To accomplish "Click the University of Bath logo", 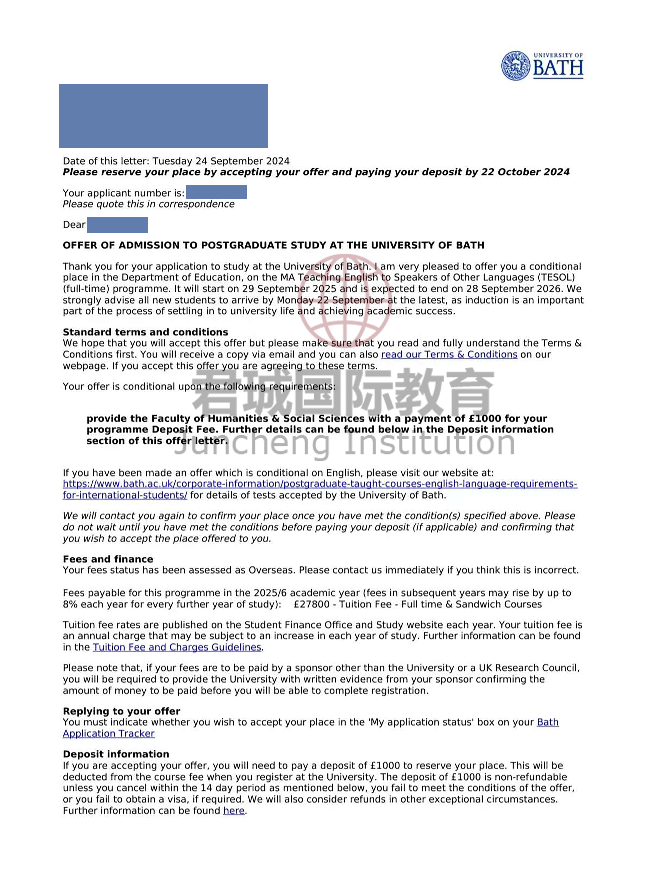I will pyautogui.click(x=542, y=66).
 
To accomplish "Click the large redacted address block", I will pyautogui.click(x=164, y=116).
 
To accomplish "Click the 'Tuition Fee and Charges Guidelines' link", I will pyautogui.click(x=177, y=647).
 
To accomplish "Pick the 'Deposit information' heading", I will pyautogui.click(x=116, y=754).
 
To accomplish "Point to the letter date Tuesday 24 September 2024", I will pyautogui.click(x=221, y=161).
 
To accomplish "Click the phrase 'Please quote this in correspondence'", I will pyautogui.click(x=148, y=204).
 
